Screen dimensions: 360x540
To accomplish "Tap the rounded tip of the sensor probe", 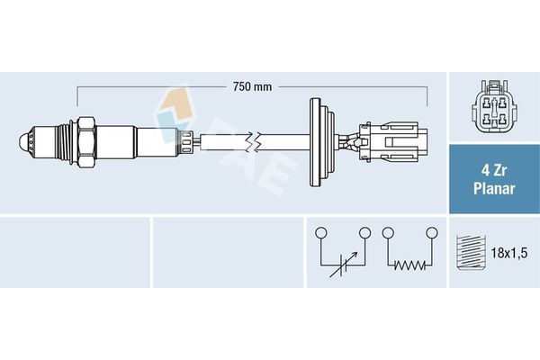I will (x=23, y=141).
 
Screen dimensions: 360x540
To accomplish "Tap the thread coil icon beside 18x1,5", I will (x=468, y=253).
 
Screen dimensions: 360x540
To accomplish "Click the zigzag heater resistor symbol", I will (x=409, y=266).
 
